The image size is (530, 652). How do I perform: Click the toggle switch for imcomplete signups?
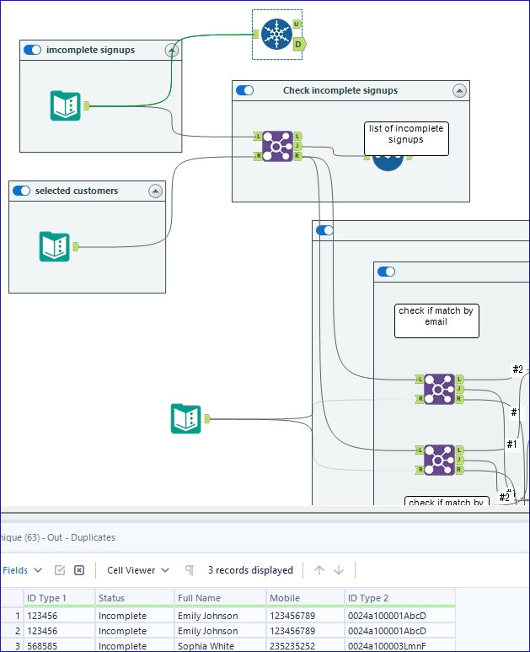tap(33, 50)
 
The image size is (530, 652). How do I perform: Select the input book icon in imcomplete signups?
tap(66, 105)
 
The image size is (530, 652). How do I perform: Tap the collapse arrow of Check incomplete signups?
tap(459, 91)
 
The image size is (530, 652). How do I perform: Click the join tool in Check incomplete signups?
tap(277, 146)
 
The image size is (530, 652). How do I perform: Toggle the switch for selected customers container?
tap(22, 191)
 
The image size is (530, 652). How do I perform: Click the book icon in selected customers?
tap(55, 246)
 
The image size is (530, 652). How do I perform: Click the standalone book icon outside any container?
tap(186, 418)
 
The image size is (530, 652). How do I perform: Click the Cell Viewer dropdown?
tap(138, 570)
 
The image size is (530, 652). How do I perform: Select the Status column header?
tap(111, 598)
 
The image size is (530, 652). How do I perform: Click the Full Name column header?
tap(200, 598)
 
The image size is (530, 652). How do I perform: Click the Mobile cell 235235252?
tap(293, 645)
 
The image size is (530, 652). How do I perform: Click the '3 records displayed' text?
tap(250, 570)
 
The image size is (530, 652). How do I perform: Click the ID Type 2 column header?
tap(367, 598)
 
